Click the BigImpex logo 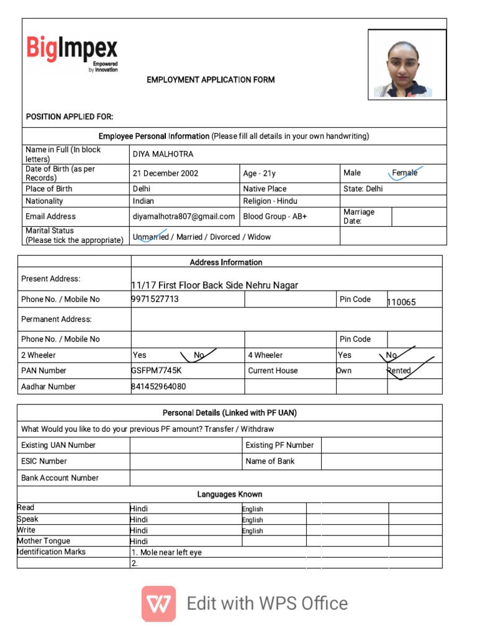point(71,52)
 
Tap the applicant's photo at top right point(407,65)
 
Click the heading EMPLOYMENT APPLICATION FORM point(211,80)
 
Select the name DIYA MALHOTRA point(163,154)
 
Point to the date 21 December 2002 point(165,173)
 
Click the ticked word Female point(405,173)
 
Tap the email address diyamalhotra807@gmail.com point(184,216)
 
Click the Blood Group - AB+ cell point(275,216)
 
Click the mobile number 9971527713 point(155,299)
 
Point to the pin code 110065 point(401,302)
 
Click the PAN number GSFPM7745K point(156,370)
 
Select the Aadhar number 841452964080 point(158,386)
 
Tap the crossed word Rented point(399,370)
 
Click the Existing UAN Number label point(58,445)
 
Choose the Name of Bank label point(270,461)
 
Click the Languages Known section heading point(230,494)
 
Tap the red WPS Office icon point(158,604)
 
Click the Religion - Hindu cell point(270,201)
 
